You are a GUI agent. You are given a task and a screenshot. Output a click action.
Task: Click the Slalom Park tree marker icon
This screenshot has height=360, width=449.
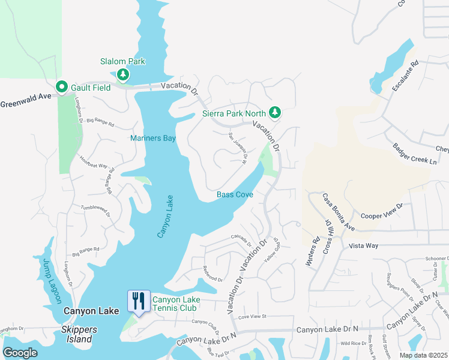coord(123,74)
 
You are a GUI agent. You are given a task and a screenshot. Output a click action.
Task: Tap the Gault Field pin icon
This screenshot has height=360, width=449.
coord(61,88)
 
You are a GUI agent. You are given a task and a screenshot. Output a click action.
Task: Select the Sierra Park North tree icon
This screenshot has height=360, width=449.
coord(274,112)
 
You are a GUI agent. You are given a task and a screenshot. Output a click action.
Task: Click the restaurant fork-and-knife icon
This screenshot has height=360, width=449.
coord(139,301)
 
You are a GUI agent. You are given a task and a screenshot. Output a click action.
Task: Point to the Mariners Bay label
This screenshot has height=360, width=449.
coord(153,138)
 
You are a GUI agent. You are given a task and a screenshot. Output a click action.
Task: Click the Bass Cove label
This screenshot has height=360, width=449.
coord(235,194)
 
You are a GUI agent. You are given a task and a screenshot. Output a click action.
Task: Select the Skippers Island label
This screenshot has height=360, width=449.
coord(77,335)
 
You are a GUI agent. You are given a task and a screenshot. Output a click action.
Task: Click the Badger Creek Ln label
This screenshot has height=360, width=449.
coord(414,154)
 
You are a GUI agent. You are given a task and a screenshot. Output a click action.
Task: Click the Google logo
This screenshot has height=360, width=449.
coord(20,353)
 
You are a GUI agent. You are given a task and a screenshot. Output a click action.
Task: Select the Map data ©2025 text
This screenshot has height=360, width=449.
coord(423,355)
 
